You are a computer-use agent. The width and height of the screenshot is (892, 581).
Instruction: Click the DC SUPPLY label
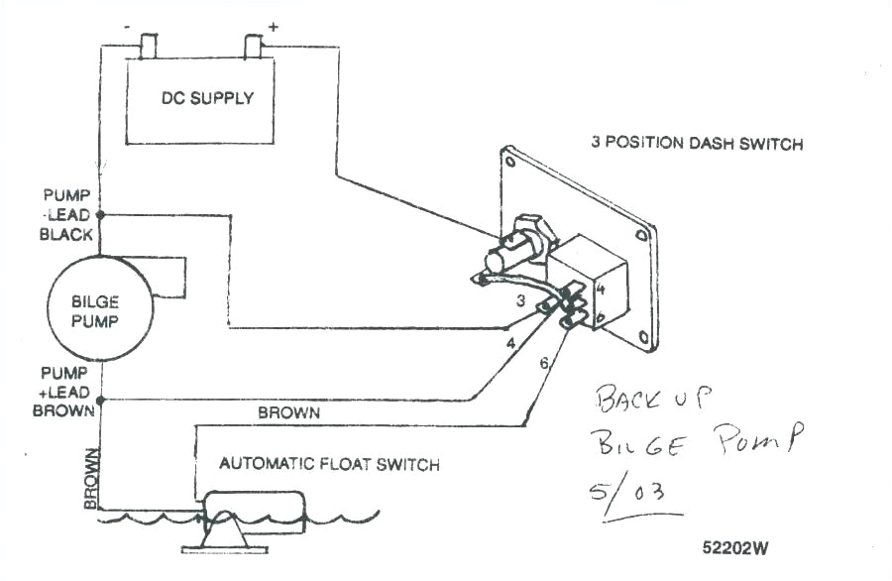point(207,98)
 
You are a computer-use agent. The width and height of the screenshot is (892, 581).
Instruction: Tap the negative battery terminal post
point(150,46)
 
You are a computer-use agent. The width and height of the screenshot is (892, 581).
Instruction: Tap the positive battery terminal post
point(253,46)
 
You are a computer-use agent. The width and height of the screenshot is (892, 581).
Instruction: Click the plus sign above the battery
point(273,27)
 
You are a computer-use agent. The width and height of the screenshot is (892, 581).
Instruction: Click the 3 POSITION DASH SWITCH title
point(697,144)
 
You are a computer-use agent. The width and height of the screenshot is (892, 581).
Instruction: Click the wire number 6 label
point(543,363)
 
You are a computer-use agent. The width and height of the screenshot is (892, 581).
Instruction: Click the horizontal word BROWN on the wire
point(288,412)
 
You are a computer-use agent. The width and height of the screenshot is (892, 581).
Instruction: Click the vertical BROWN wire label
point(91,479)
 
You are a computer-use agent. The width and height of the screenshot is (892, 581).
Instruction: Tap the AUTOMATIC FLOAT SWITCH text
point(329,464)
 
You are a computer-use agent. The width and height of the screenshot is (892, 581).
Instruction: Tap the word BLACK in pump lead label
point(66,235)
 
